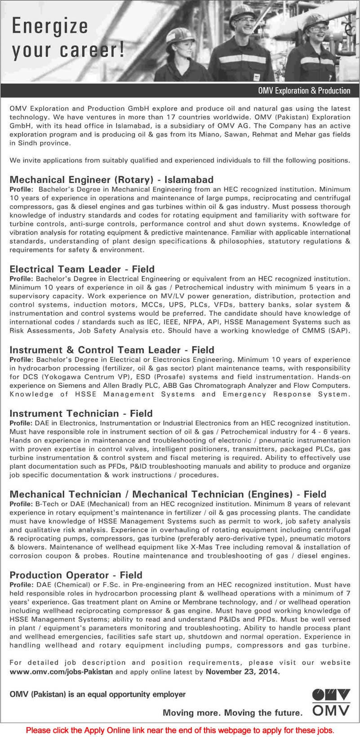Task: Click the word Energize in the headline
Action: (49, 26)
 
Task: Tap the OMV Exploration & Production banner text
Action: (304, 91)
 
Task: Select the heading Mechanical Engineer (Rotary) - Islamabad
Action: (111, 180)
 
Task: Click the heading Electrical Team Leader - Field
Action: (82, 269)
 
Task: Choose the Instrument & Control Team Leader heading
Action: (111, 350)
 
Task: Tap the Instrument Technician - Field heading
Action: (81, 413)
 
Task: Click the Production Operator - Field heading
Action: (76, 575)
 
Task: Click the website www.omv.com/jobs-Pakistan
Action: (61, 672)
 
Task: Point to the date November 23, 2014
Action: (242, 672)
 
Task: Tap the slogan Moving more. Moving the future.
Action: (232, 712)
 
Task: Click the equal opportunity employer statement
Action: (98, 694)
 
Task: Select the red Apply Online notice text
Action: (180, 730)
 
